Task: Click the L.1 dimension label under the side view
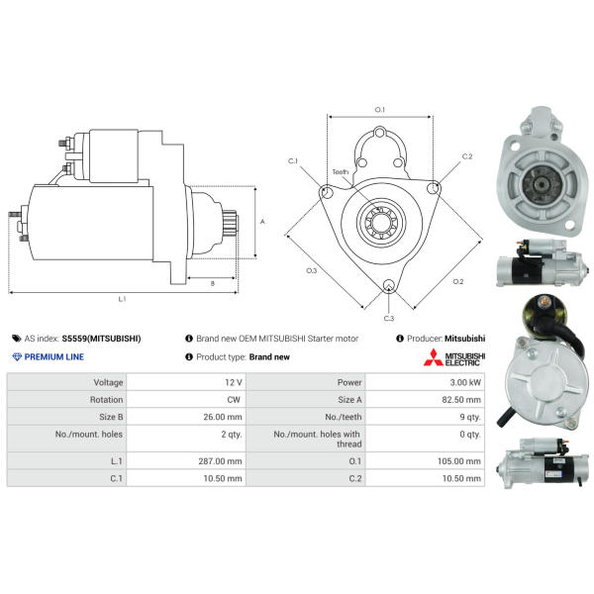tap(122, 299)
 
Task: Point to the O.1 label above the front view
tap(379, 110)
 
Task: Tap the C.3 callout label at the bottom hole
tap(389, 318)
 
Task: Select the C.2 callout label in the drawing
tap(467, 156)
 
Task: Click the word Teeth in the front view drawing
tap(341, 172)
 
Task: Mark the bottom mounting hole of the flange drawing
tap(389, 286)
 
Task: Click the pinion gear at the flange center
tap(381, 222)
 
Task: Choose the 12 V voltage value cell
tap(234, 382)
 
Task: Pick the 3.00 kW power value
tap(465, 382)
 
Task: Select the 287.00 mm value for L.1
tap(220, 461)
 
